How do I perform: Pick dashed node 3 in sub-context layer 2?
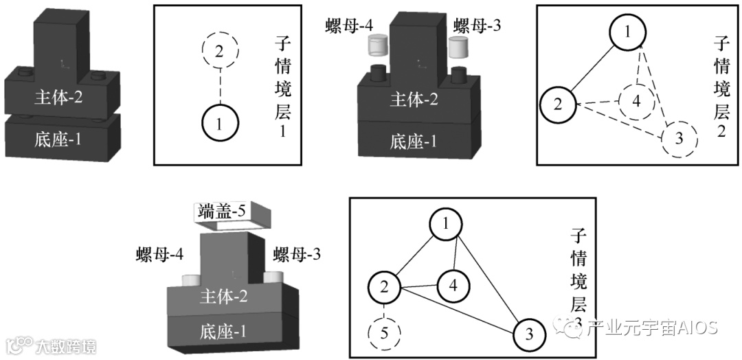point(679,139)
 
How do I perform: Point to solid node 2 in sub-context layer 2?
point(558,105)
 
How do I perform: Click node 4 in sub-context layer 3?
point(453,284)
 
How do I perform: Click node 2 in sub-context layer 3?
point(385,286)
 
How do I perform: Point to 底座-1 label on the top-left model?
point(58,140)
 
